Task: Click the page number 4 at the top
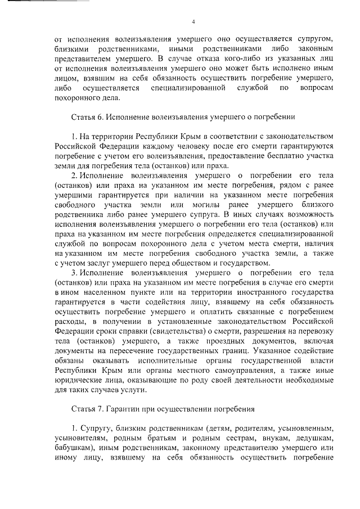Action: coord(193,22)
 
